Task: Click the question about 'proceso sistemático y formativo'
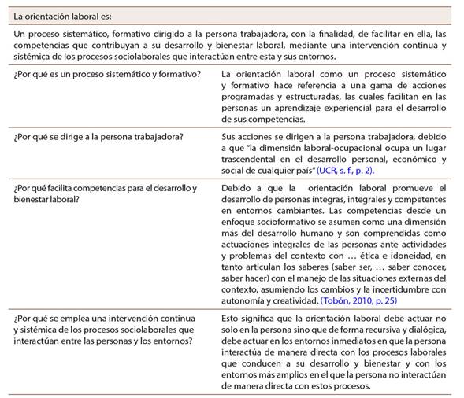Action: point(107,74)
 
